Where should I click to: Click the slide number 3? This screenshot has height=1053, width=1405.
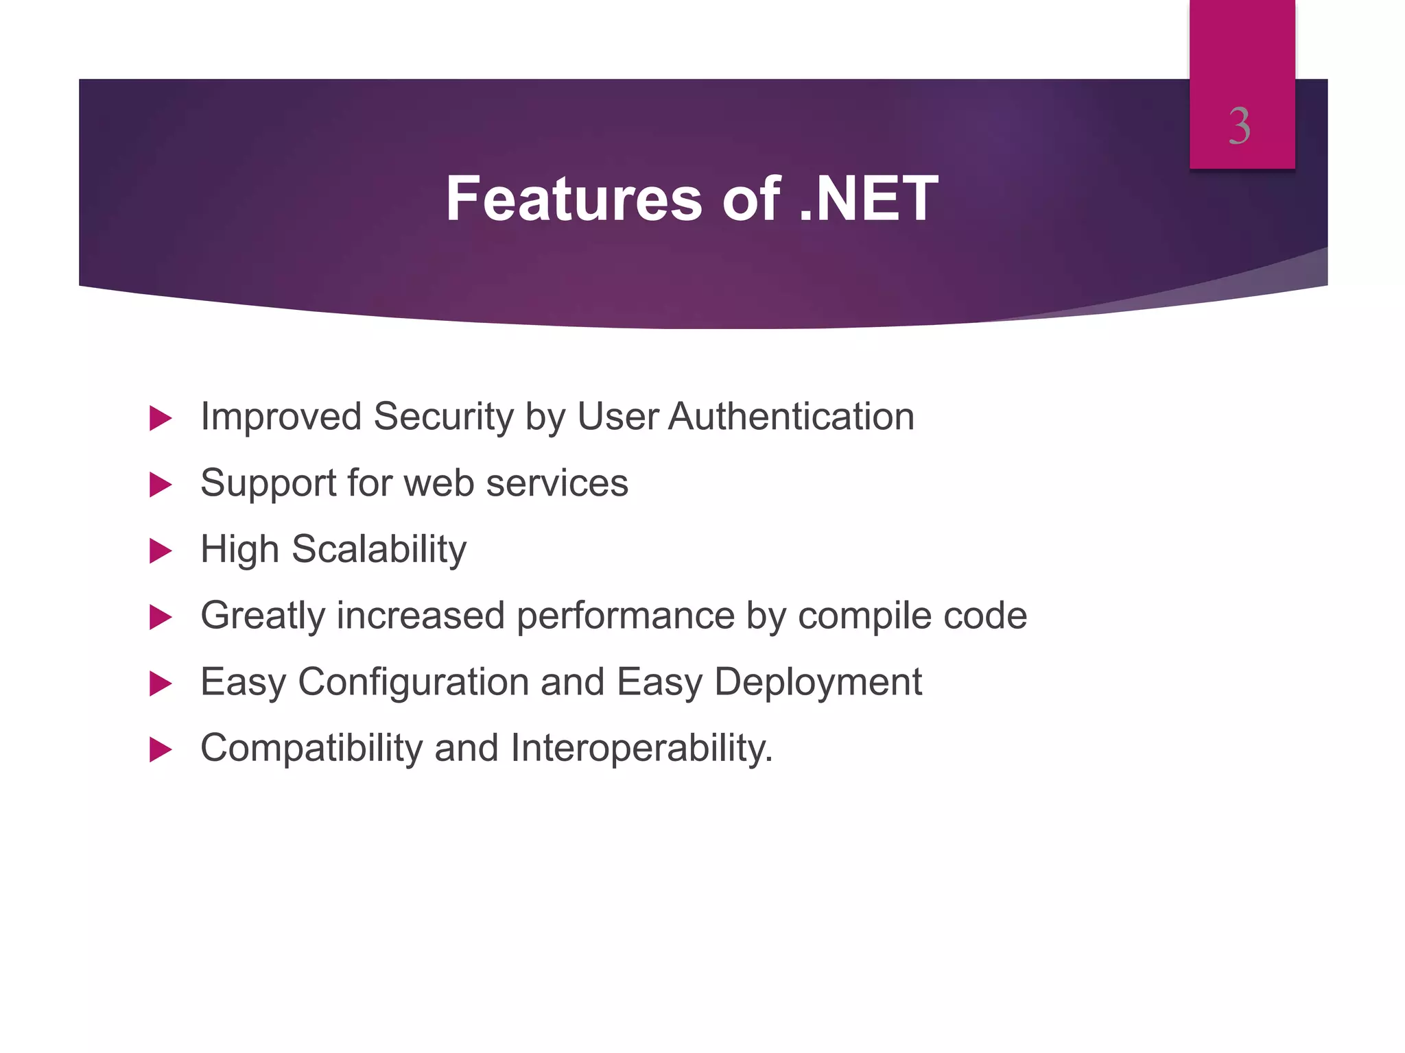click(x=1239, y=127)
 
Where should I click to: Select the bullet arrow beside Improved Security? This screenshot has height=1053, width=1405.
click(x=160, y=418)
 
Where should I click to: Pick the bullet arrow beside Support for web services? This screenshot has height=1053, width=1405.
click(x=160, y=485)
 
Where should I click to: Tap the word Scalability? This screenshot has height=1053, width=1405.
click(x=379, y=550)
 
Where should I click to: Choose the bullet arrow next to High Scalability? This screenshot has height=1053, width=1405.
click(x=160, y=550)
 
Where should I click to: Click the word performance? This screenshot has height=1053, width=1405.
click(x=625, y=616)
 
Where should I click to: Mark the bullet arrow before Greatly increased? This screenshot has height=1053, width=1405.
click(x=160, y=617)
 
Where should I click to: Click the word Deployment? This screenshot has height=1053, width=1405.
click(x=818, y=683)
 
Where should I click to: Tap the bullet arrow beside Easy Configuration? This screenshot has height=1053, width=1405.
click(x=160, y=683)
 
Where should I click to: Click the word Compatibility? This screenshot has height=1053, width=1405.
click(x=311, y=749)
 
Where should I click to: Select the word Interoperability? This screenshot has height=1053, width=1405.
click(x=641, y=749)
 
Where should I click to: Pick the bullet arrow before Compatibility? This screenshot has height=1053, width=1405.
click(x=160, y=749)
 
